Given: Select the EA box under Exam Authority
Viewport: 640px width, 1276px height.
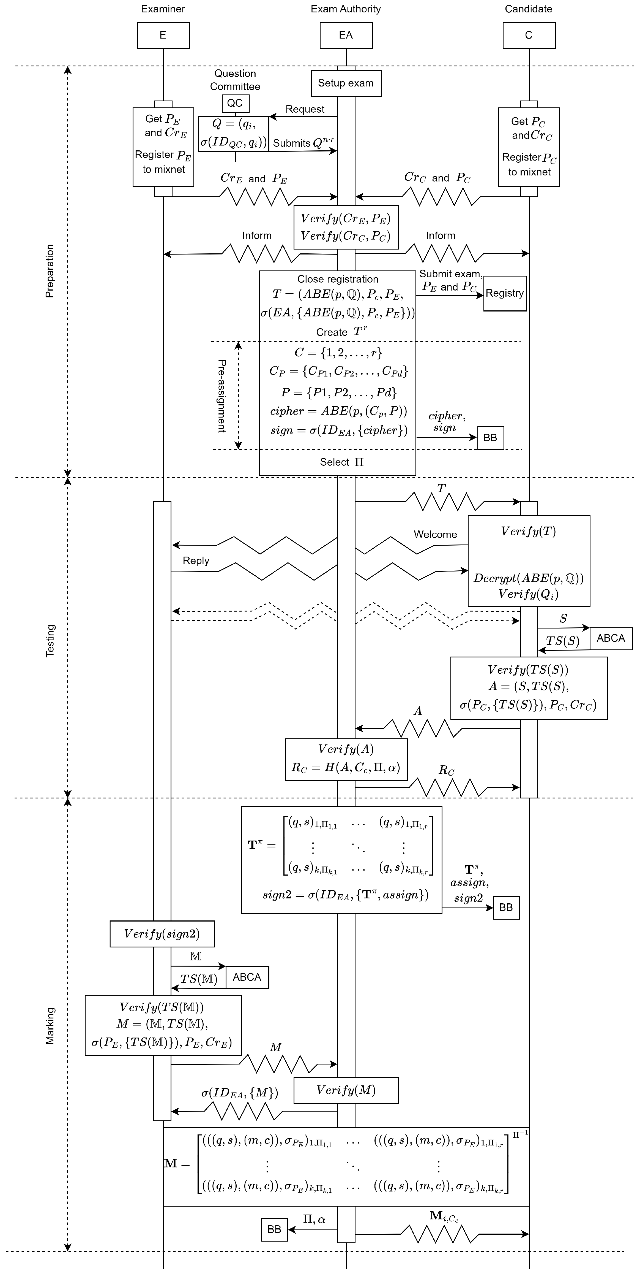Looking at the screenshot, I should (346, 35).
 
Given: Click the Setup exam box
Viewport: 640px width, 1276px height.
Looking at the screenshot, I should (346, 83).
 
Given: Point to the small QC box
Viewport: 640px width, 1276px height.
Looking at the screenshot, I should (235, 103).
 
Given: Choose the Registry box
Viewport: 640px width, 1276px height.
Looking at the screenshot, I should (504, 293).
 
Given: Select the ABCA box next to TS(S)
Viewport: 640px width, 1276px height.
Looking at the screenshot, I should (611, 638).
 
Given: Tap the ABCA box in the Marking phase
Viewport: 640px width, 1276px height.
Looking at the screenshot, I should (247, 977).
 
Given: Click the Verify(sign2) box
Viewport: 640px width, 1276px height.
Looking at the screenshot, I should (162, 934).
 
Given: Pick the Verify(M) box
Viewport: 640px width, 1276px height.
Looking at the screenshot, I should (346, 1090).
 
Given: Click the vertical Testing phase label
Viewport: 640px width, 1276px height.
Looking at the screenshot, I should (50, 640).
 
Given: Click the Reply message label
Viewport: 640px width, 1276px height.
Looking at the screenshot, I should (196, 561).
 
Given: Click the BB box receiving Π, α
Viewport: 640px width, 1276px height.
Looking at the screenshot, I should (274, 1229).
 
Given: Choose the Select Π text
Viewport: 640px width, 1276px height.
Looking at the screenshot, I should (341, 462).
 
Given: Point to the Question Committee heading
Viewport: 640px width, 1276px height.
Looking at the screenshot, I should (235, 80).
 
